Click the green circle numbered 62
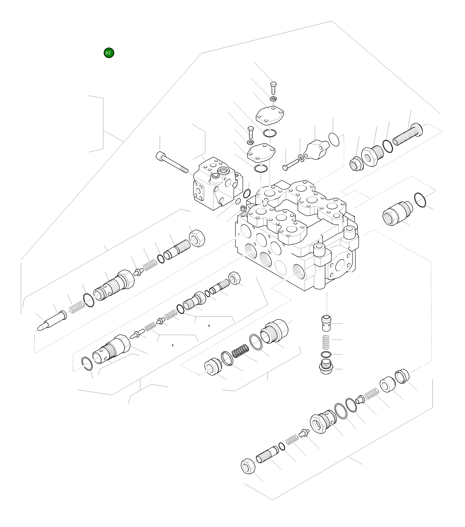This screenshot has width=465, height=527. point(109,53)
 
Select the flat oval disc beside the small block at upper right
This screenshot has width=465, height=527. point(334,139)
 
